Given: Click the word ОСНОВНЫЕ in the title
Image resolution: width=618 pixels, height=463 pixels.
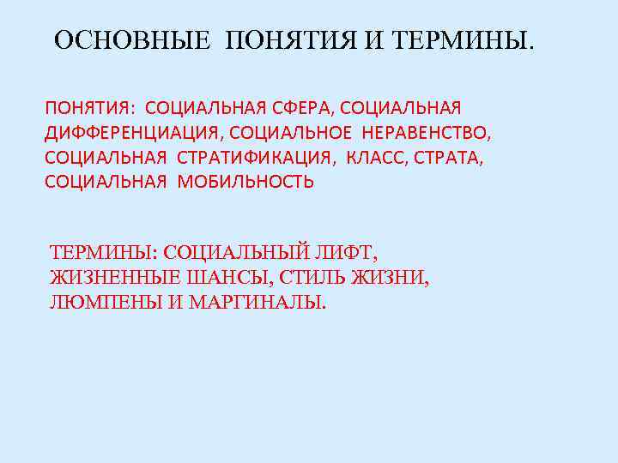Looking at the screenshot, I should click(131, 41).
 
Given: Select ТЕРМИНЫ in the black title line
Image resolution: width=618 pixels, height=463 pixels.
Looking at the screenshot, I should click(467, 41).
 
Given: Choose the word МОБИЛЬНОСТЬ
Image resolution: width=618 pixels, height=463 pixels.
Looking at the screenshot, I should click(246, 181).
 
